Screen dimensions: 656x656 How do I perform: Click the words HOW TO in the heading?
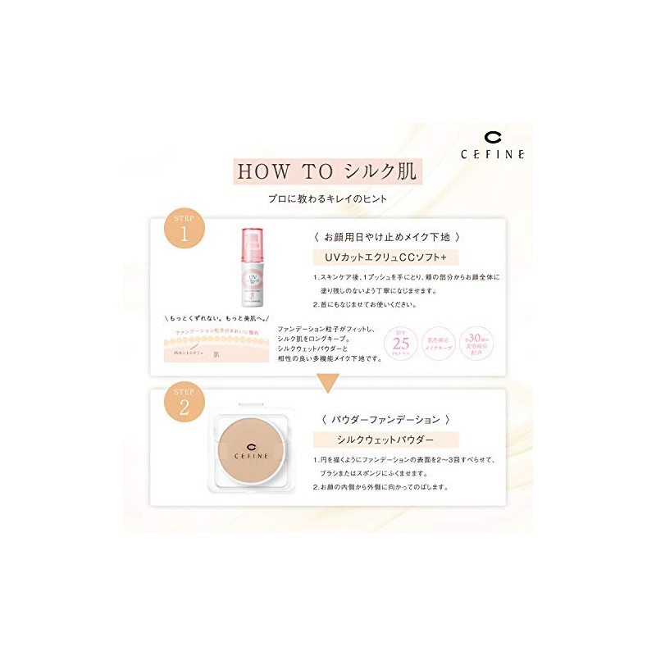pyautogui.click(x=274, y=173)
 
